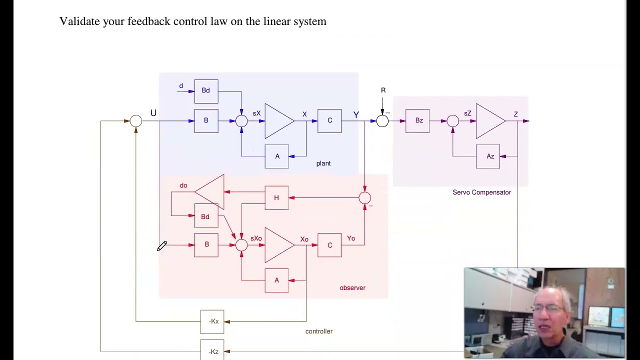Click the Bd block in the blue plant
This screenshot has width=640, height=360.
(206, 91)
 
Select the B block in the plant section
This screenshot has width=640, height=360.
(206, 120)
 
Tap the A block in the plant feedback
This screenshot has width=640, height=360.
(277, 156)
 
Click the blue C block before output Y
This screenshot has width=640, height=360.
(329, 120)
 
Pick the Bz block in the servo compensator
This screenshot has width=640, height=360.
(417, 120)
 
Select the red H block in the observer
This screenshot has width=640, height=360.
(276, 198)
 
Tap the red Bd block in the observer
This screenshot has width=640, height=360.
(206, 216)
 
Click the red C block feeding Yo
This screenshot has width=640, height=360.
(329, 245)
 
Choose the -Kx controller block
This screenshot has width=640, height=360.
(212, 321)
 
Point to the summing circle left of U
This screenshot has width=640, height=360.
(136, 121)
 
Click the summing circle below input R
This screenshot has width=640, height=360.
(382, 121)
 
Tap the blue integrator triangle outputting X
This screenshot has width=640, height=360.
(278, 121)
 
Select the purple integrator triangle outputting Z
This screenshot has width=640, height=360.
(489, 121)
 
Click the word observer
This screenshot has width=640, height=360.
(352, 288)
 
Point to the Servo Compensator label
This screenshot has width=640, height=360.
(481, 192)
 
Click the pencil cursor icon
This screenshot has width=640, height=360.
(162, 246)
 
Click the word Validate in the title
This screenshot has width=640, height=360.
(80, 21)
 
